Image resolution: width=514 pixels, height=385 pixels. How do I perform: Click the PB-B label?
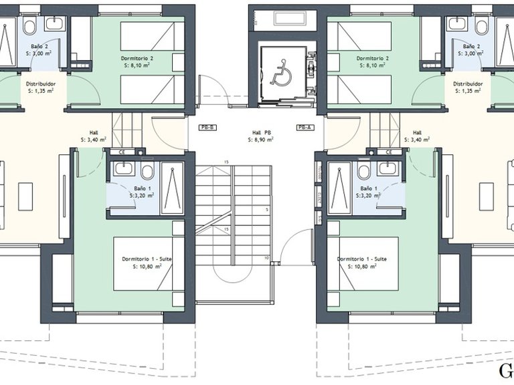pyautogui.click(x=207, y=127)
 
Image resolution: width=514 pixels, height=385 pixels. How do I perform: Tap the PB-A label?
pyautogui.click(x=305, y=127)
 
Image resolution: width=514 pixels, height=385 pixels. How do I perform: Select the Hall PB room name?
pyautogui.click(x=258, y=132)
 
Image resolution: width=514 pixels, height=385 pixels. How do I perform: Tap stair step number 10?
pyautogui.click(x=266, y=257)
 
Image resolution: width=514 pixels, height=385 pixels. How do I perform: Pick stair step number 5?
pyautogui.click(x=266, y=210)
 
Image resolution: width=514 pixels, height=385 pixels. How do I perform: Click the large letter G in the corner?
pyautogui.click(x=507, y=372)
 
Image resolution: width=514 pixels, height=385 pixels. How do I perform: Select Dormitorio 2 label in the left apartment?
pyautogui.click(x=137, y=58)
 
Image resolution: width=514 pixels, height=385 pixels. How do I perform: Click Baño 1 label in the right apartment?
pyautogui.click(x=367, y=188)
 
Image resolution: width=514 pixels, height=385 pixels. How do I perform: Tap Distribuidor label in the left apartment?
pyautogui.click(x=41, y=84)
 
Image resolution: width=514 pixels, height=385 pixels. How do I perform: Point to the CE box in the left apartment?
pyautogui.click(x=122, y=152)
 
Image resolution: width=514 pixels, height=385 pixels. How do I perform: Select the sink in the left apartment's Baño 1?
pyautogui.click(x=122, y=168)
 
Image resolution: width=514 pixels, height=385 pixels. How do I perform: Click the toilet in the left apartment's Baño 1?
pyautogui.click(x=147, y=171)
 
